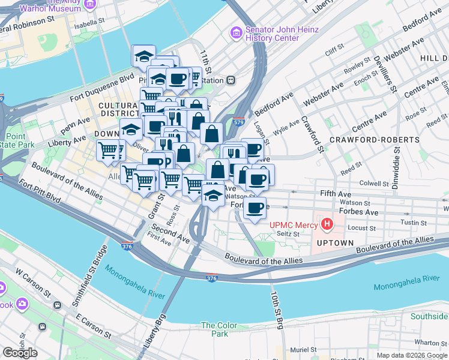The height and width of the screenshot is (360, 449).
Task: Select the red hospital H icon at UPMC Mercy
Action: [x=327, y=226]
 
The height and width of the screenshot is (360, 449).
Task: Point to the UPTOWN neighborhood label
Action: [x=336, y=243]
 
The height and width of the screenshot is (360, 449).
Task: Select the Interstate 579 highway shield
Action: [x=238, y=121]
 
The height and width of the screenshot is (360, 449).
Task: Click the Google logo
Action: [x=20, y=353]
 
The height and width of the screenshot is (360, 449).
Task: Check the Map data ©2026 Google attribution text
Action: [x=412, y=355]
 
